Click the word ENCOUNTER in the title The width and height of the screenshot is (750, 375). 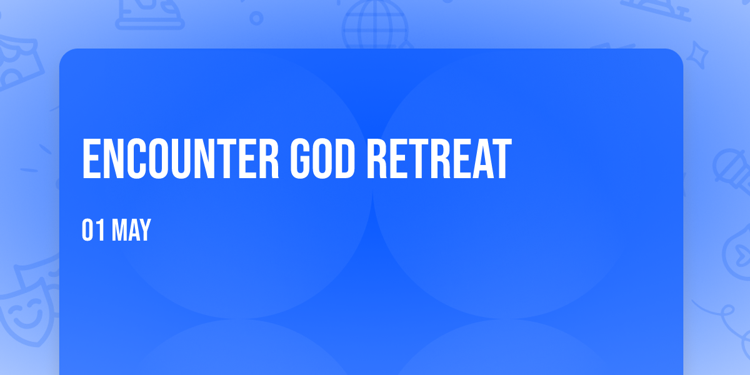(181, 159)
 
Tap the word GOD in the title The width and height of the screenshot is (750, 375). (322, 159)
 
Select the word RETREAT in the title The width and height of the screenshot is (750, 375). (439, 159)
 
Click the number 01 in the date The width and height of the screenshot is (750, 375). (93, 230)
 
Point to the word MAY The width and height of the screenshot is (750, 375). (132, 230)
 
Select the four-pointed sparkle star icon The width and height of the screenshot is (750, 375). (697, 55)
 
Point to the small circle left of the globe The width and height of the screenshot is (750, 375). (256, 18)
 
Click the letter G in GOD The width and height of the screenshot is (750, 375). (301, 159)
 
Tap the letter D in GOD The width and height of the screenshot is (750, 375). (345, 159)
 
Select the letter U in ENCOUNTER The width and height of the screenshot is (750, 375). (180, 159)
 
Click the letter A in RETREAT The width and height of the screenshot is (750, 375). (482, 159)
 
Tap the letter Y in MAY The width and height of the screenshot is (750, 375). (145, 230)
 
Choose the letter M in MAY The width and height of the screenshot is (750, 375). (118, 230)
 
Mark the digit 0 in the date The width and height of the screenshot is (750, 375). (87, 230)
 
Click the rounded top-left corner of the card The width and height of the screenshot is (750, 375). (64, 53)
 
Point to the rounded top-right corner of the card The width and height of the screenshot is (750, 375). (679, 53)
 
